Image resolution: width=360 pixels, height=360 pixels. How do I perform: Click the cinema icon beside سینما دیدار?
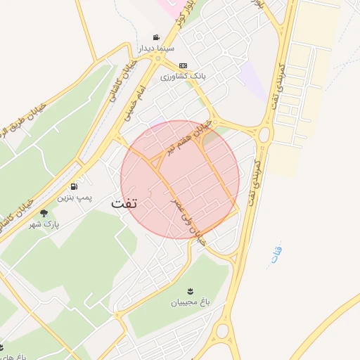point(156,37)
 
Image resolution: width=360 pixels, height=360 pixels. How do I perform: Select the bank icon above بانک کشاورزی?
point(183,65)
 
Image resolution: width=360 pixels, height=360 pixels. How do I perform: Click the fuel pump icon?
point(75,186)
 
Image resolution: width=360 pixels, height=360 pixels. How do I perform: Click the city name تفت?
point(124,202)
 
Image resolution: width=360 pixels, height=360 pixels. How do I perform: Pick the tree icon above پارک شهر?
point(44,213)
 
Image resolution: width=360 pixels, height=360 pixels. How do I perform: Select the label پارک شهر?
point(46,224)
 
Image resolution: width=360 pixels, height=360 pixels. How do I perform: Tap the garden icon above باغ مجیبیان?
point(190,291)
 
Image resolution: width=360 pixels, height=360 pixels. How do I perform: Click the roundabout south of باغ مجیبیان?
point(224,330)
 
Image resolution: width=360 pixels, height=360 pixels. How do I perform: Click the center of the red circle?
point(180,180)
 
